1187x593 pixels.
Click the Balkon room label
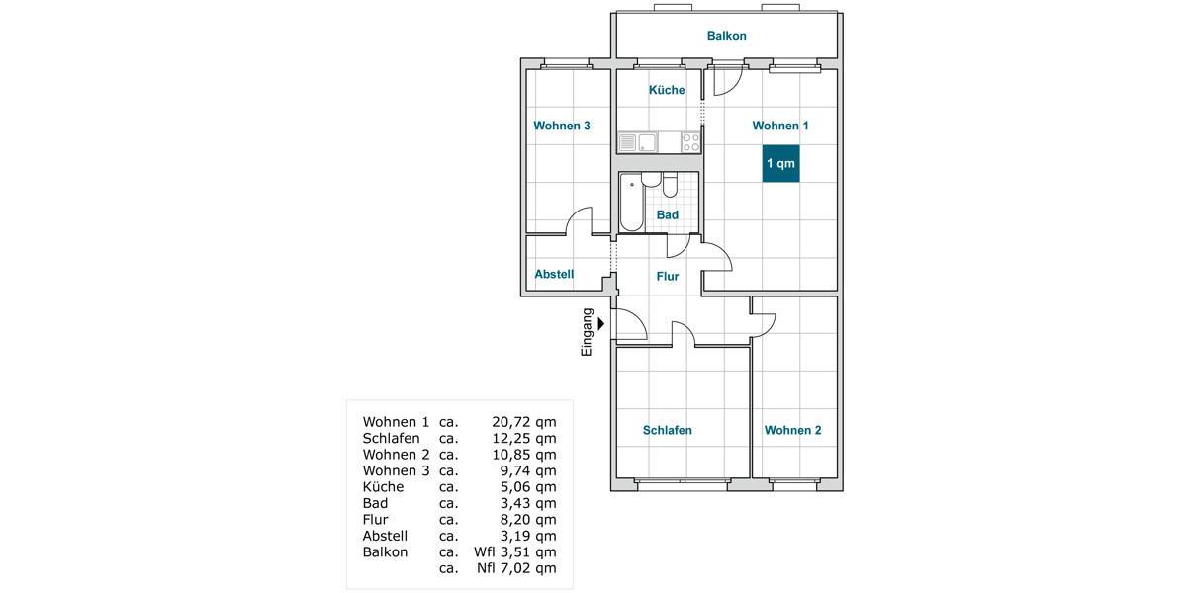point(726,36)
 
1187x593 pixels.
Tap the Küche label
point(667,90)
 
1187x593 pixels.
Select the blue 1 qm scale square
point(780,163)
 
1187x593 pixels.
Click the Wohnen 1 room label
point(780,126)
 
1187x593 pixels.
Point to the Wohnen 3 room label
point(562,126)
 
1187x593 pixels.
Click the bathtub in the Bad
point(631,204)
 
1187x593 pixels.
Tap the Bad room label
point(668,214)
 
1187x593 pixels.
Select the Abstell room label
point(554,274)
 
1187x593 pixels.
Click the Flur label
point(668,277)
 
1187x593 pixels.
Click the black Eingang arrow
point(601,321)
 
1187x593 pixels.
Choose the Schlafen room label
point(668,430)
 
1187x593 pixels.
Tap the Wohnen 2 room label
point(792,430)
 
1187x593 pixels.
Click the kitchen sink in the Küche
point(638,143)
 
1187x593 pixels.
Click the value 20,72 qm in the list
point(523,422)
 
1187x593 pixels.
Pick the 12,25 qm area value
point(523,438)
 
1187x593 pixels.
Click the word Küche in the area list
point(383,486)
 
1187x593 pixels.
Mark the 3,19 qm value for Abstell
point(527,536)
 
